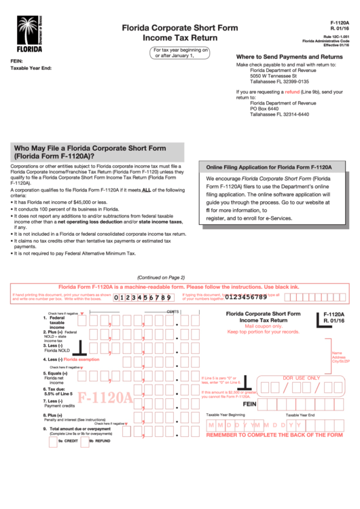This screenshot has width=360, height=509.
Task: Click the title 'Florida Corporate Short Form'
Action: point(180,28)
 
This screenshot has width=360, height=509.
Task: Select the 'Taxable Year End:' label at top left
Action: point(31,68)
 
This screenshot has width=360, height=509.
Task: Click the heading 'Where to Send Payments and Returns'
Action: point(289,56)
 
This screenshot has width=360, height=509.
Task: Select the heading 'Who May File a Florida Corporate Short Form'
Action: point(90,147)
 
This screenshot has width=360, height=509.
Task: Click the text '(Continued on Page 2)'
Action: point(161,277)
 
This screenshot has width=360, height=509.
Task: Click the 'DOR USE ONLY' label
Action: point(301,378)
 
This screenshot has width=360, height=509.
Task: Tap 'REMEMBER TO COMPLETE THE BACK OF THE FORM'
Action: point(274,434)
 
